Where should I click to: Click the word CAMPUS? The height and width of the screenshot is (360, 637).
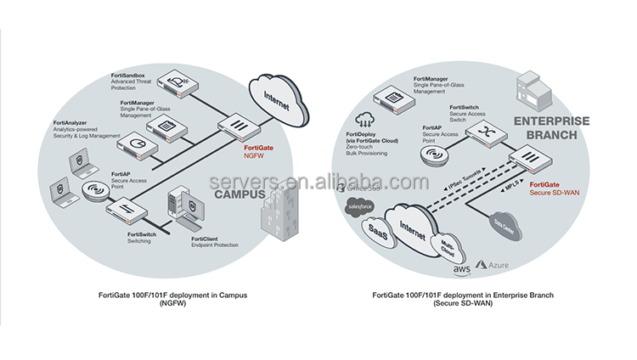click(x=234, y=194)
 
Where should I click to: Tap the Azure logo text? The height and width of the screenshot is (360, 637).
click(x=497, y=267)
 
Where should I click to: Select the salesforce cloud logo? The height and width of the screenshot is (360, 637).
click(x=358, y=206)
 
